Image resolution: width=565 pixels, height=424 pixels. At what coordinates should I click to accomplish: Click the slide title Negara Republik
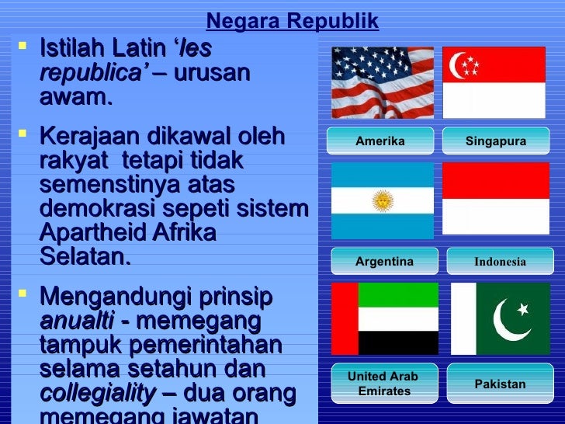(293, 22)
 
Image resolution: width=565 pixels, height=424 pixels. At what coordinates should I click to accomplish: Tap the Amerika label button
(380, 141)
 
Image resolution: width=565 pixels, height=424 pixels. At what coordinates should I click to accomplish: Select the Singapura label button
(495, 141)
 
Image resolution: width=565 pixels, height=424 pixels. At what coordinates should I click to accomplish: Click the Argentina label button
(384, 262)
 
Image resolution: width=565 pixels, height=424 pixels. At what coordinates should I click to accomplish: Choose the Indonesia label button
(500, 262)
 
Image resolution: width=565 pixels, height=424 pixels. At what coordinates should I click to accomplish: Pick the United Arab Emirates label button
(383, 384)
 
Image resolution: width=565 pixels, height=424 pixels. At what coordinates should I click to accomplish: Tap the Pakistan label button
(500, 384)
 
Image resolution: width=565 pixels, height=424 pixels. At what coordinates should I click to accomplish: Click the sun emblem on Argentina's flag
(382, 201)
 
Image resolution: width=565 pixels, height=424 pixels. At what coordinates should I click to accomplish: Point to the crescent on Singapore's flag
(459, 66)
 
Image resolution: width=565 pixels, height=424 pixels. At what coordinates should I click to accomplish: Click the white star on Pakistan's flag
(523, 309)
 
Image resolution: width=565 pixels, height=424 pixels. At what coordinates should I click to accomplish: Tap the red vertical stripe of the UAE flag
(345, 318)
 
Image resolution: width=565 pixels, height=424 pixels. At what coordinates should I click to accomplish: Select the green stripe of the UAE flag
(398, 294)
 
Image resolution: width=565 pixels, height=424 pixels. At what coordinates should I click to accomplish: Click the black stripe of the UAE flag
(398, 342)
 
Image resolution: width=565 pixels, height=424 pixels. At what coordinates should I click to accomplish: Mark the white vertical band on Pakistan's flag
(463, 318)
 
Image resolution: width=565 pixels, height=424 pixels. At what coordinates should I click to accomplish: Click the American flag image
(383, 82)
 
